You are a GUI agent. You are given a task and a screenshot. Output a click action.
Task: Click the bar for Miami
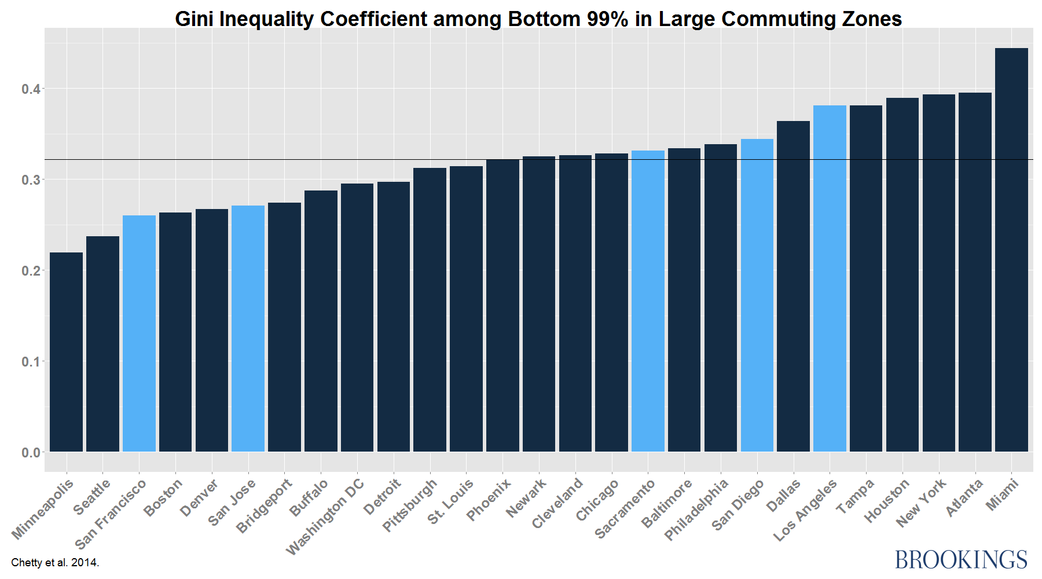1011,249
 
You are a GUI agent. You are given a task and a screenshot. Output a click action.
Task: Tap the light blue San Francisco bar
139,333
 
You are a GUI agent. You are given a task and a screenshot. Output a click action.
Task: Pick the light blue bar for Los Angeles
830,278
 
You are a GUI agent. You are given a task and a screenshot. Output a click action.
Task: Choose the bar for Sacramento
648,301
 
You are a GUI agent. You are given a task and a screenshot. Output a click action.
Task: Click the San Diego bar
757,295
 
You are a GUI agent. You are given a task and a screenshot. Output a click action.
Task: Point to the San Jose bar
248,328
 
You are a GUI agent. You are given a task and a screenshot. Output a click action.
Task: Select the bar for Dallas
793,286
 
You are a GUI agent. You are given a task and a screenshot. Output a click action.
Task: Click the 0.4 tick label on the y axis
31,89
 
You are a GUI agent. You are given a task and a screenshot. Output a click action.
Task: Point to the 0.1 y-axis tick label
31,362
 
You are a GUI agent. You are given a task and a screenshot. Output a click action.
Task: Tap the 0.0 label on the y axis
31,453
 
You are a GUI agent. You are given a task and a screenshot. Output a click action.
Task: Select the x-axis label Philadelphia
696,510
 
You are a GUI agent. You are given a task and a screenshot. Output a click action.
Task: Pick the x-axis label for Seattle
92,497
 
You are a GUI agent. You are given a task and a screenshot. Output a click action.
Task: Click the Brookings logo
961,560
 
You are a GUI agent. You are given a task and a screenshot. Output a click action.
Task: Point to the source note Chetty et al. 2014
55,562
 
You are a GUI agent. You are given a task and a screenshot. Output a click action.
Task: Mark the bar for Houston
902,274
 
